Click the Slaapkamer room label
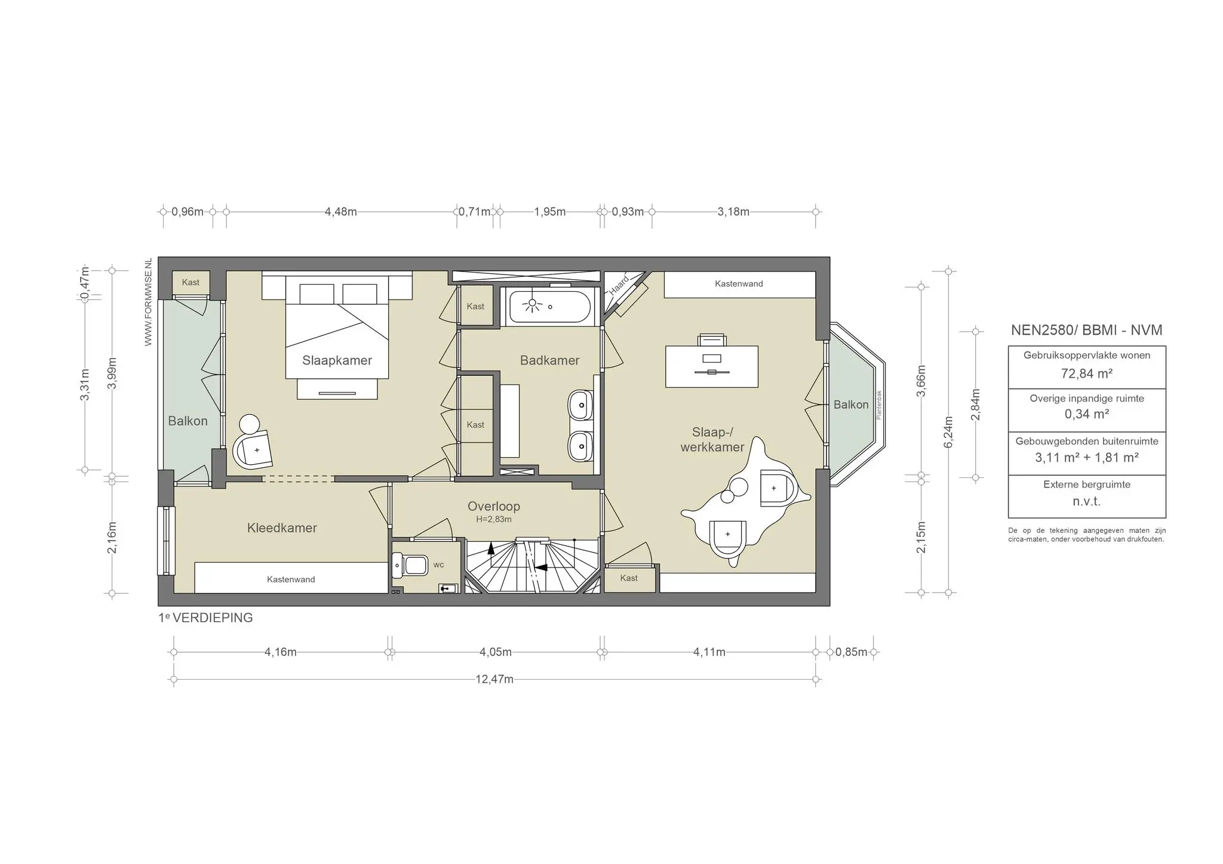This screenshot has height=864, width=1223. tap(337, 360)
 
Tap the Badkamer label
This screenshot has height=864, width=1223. tap(549, 360)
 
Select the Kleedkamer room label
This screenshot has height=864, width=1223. tap(282, 528)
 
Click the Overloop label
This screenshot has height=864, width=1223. tap(493, 507)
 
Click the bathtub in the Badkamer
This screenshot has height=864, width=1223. tap(549, 307)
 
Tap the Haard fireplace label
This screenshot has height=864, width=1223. tap(619, 285)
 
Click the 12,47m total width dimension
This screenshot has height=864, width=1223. tap(494, 680)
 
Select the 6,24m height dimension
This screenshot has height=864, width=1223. tap(949, 432)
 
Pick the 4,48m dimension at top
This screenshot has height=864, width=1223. tap(340, 212)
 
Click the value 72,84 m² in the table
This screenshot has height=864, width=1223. tap(1086, 374)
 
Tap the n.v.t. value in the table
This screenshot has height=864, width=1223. tap(1086, 502)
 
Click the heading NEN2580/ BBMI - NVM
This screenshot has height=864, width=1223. tap(1086, 331)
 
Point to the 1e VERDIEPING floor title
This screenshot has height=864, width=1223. tap(205, 618)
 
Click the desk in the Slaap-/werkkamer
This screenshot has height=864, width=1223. tap(711, 366)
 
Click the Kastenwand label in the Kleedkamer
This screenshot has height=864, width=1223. tap(291, 579)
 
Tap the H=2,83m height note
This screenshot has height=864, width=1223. tap(493, 520)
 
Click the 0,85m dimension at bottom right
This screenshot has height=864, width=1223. tap(851, 652)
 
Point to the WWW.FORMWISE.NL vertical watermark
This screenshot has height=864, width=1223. tap(149, 302)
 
